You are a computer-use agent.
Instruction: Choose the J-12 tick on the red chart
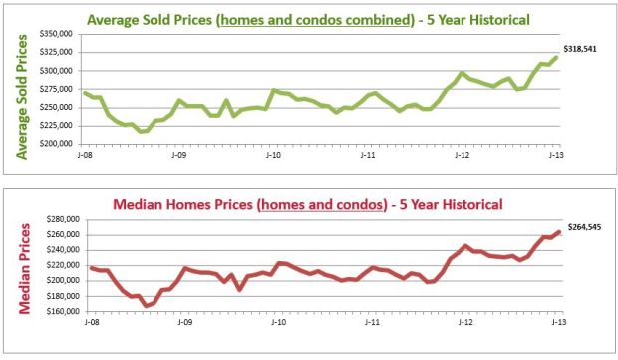464,324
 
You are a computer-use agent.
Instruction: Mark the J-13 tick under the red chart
559,324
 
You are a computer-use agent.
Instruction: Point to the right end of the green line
557,57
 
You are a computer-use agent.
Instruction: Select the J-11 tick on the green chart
368,156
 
